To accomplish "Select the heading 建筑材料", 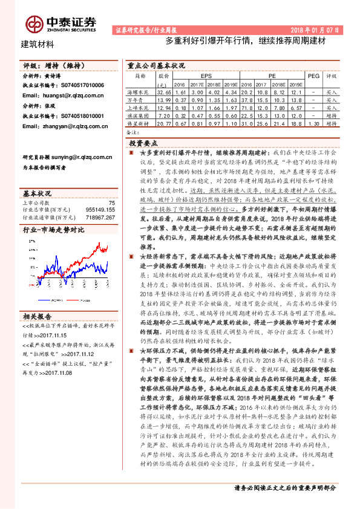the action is tap(38, 44).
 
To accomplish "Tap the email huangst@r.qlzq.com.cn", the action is tap(63, 95).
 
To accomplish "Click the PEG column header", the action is tap(313, 77).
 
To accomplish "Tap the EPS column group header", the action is tap(206, 77).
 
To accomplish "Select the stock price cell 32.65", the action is tap(164, 91).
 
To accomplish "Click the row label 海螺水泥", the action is tap(140, 91).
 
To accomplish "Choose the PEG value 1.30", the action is tap(313, 123).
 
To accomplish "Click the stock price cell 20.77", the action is tap(164, 123).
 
